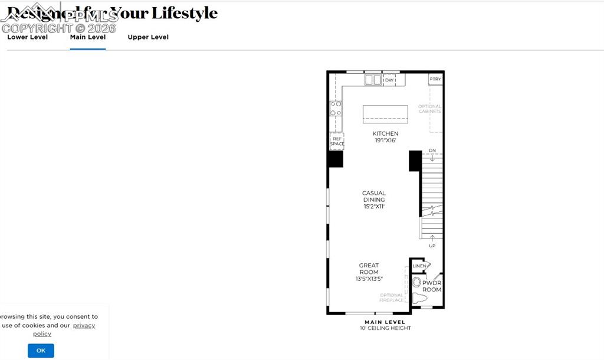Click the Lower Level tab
coord(27,37)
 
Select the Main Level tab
coord(88,37)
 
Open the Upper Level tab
coord(148,37)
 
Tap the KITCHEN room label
coord(385,134)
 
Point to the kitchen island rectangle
coord(385,114)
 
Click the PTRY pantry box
coord(435,79)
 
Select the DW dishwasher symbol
coord(389,80)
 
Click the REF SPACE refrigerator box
coord(337,141)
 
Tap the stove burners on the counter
coord(336,108)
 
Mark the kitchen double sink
coord(373,80)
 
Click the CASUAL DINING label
coord(374,199)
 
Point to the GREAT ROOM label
coord(369,272)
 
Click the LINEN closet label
coord(419,266)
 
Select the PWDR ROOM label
coord(432,286)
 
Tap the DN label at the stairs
coord(432,151)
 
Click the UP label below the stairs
coord(432,246)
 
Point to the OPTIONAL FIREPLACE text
coord(392,297)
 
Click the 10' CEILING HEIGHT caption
coord(385,328)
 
